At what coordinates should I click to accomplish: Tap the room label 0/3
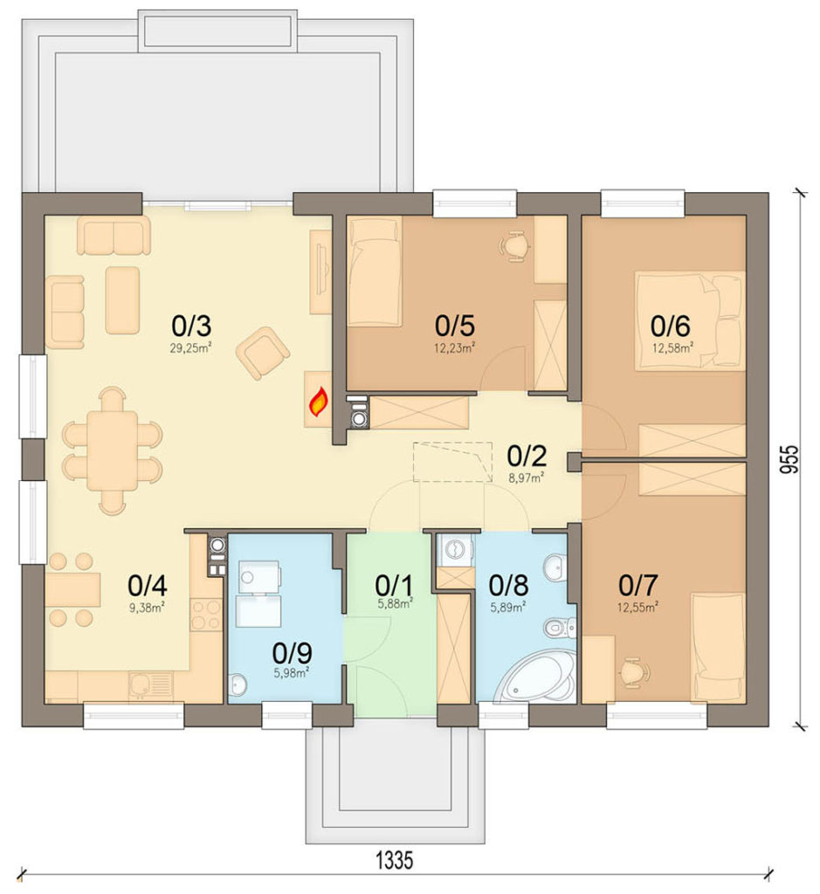tap(191, 327)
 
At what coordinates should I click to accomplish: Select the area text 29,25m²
tap(191, 347)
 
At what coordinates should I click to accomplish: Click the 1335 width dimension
tap(395, 860)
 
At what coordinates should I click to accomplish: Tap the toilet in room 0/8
tap(558, 629)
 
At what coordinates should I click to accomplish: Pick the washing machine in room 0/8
tap(455, 550)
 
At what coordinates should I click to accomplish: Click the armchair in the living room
tap(262, 353)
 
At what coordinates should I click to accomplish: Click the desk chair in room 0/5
tap(514, 245)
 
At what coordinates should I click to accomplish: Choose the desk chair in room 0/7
tap(634, 671)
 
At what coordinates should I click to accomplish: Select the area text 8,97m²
tap(526, 478)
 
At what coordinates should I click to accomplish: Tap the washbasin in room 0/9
tap(238, 684)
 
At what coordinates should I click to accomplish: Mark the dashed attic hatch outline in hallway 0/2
tap(452, 461)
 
